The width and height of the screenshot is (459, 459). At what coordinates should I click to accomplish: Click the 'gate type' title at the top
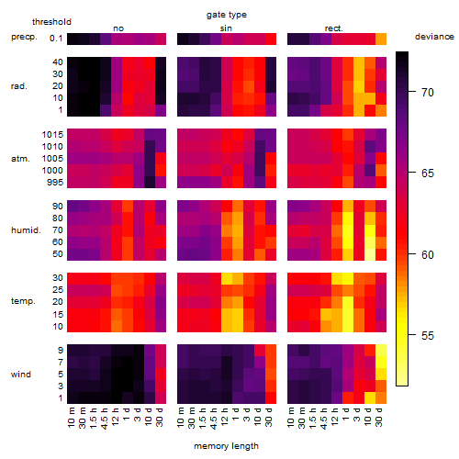click(227, 15)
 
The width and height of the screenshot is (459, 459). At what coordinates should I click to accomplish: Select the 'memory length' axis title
click(227, 446)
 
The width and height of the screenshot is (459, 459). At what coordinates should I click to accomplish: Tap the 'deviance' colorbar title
click(434, 37)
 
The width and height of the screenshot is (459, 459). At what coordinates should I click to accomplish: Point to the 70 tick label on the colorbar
click(428, 92)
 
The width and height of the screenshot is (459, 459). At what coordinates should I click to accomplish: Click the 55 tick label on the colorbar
click(428, 336)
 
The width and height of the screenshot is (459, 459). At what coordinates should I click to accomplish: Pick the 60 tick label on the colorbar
click(428, 254)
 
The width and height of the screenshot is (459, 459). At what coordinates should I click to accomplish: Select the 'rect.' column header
click(334, 28)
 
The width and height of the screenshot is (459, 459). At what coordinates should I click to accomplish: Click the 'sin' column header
click(226, 28)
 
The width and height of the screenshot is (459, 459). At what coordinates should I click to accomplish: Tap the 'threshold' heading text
click(51, 22)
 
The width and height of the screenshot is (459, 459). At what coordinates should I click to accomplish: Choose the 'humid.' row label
click(26, 229)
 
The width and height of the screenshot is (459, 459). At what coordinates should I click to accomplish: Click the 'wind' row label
click(21, 375)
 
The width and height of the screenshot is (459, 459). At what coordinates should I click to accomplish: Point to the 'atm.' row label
click(20, 159)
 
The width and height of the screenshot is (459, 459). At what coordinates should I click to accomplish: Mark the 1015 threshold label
click(52, 135)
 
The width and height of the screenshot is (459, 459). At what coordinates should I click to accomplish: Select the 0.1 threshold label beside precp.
click(56, 39)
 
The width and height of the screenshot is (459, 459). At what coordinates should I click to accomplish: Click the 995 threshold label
click(55, 183)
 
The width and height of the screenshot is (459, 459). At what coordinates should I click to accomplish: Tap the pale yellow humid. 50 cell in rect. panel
click(370, 254)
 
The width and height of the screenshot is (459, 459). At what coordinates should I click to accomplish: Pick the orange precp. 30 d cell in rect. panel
click(381, 39)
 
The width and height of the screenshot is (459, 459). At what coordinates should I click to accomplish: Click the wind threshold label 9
click(61, 351)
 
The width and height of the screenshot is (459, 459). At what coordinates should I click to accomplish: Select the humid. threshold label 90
click(58, 207)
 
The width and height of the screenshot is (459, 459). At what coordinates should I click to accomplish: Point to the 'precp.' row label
click(24, 37)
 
